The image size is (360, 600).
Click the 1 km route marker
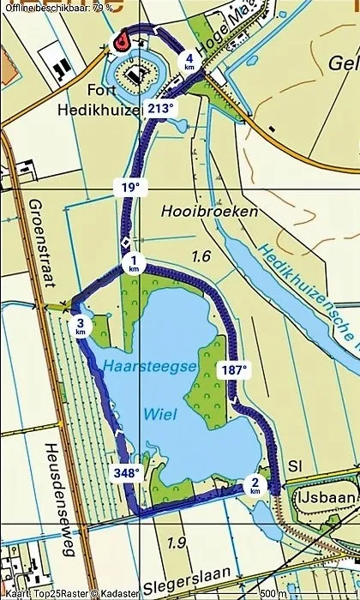[134, 264]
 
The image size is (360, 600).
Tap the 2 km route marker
[255, 485]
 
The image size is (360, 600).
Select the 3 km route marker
[81, 327]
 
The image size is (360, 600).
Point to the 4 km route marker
[189, 61]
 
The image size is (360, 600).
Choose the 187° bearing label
[233, 370]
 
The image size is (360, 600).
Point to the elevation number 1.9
[177, 542]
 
